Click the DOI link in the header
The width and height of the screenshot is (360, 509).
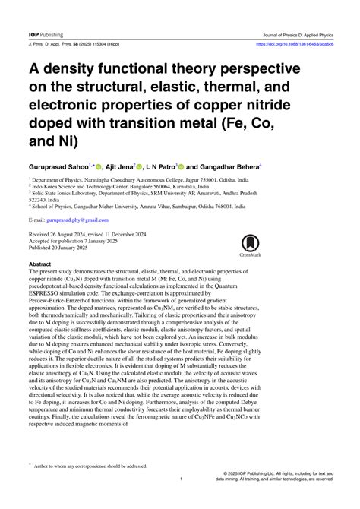tap(295, 23)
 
